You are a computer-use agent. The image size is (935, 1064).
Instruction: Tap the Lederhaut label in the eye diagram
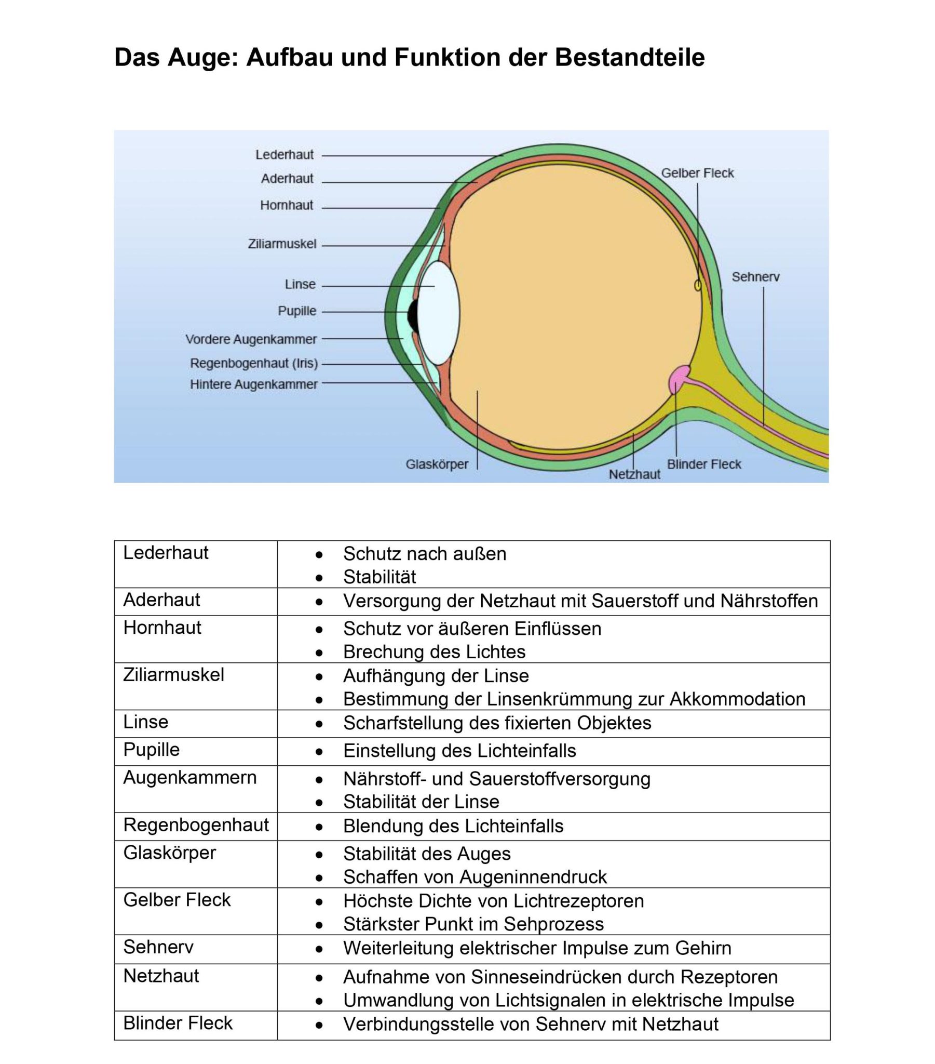pyautogui.click(x=284, y=155)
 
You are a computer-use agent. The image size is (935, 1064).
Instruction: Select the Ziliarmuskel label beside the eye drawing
pyautogui.click(x=282, y=244)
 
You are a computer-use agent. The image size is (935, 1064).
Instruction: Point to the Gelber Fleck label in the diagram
pyautogui.click(x=697, y=173)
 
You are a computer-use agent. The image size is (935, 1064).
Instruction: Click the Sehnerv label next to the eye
pyautogui.click(x=755, y=277)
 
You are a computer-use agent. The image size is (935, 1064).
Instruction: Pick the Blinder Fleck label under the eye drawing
pyautogui.click(x=704, y=464)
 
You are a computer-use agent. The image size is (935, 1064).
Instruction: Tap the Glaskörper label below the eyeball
pyautogui.click(x=437, y=464)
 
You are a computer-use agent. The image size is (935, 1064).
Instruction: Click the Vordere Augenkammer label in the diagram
pyautogui.click(x=251, y=339)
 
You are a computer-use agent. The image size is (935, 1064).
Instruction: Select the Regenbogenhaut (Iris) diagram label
pyautogui.click(x=253, y=363)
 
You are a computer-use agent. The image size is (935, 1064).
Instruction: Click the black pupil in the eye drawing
pyautogui.click(x=413, y=315)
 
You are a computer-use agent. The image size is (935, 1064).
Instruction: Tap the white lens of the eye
pyautogui.click(x=439, y=313)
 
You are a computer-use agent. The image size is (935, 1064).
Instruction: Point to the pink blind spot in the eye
pyautogui.click(x=677, y=379)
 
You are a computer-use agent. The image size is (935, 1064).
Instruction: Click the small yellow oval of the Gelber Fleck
pyautogui.click(x=698, y=285)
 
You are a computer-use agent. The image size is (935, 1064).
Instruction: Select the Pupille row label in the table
pyautogui.click(x=152, y=750)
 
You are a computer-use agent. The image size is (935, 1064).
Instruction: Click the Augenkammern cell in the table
pyautogui.click(x=190, y=777)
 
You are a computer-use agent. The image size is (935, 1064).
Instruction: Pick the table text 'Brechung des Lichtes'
pyautogui.click(x=434, y=651)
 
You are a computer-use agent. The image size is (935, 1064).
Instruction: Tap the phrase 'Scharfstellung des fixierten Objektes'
pyautogui.click(x=497, y=723)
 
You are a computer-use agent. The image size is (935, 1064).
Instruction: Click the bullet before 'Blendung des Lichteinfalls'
pyautogui.click(x=319, y=827)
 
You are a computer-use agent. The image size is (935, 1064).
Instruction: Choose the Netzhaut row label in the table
pyautogui.click(x=161, y=976)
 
